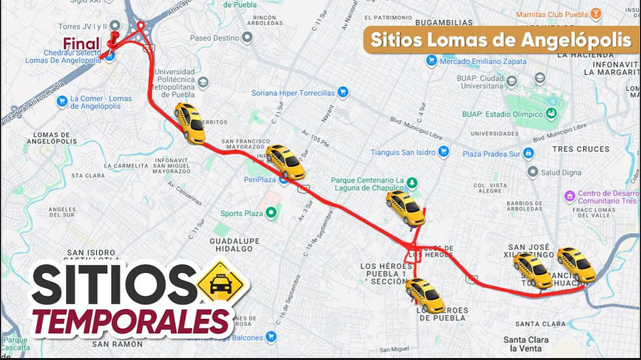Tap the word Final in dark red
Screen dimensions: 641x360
point(81,45)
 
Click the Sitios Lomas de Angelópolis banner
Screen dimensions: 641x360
point(500,39)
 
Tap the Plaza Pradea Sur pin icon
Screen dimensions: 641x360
point(528,153)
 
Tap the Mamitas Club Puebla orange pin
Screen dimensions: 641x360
point(595,14)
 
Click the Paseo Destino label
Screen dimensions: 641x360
point(214,37)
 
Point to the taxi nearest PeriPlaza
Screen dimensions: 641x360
point(286,162)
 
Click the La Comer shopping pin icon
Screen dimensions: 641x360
point(62,101)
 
